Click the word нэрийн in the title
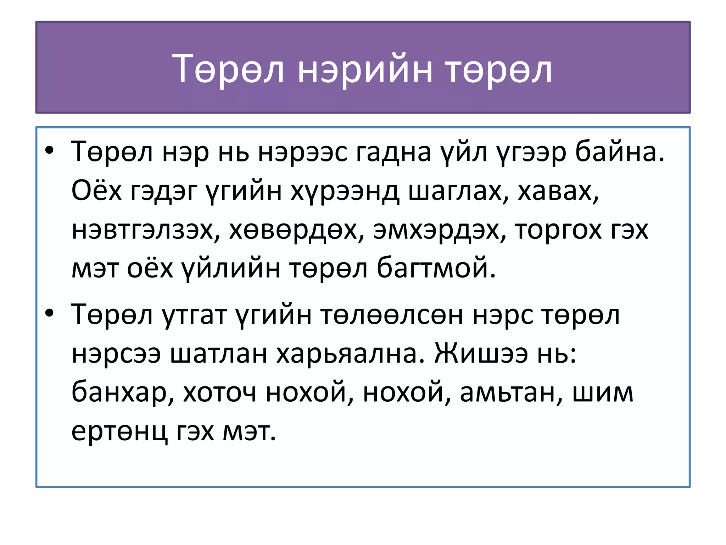point(365,70)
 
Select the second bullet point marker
point(49,313)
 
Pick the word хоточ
point(220,393)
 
